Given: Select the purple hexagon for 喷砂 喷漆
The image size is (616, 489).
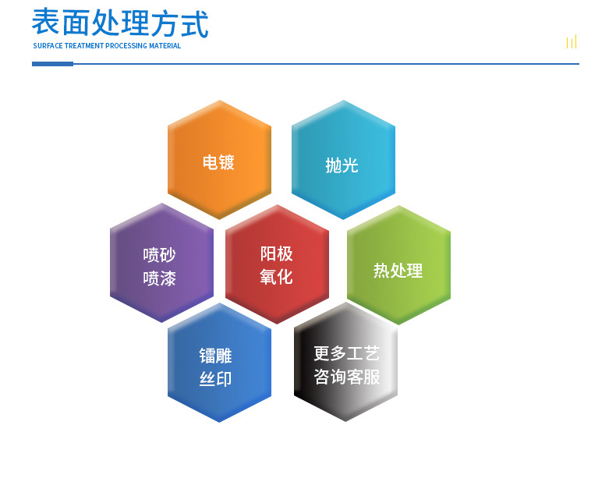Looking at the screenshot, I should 161,263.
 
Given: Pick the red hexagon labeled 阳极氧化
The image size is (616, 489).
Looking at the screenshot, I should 277,264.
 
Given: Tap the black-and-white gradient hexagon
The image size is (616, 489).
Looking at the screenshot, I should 345,362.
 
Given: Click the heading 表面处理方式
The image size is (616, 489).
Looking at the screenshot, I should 120,23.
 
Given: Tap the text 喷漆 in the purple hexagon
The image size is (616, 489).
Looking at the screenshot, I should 160,278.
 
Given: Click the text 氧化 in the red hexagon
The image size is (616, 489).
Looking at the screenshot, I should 276,276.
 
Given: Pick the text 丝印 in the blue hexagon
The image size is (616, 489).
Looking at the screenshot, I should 215,380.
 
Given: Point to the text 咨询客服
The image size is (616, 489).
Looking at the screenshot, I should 347,377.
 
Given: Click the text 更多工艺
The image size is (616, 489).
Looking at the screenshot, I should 346,353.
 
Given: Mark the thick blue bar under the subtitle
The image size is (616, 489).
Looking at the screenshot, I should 52,64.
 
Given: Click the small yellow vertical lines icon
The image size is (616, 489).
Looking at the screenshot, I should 572,42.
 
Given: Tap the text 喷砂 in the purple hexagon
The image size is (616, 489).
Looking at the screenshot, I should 160,255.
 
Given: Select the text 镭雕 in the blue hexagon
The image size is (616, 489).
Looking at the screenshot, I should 215,356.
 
